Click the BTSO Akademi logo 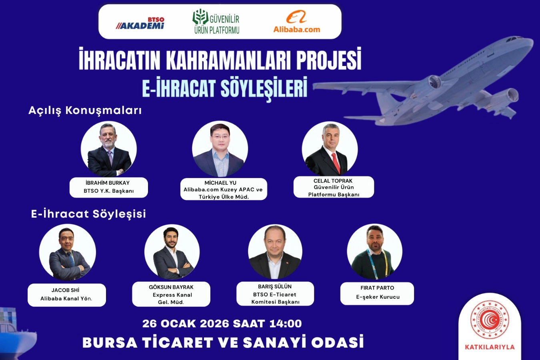[140, 23]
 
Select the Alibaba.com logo [296, 21]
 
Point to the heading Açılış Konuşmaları [85, 111]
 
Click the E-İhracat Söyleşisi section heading [88, 214]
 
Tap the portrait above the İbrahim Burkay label [109, 149]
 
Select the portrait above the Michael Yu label [220, 149]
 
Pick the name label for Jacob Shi [67, 295]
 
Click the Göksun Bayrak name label [171, 294]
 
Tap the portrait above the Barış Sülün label [275, 252]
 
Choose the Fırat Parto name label [377, 294]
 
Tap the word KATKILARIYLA [490, 347]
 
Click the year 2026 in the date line [214, 324]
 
